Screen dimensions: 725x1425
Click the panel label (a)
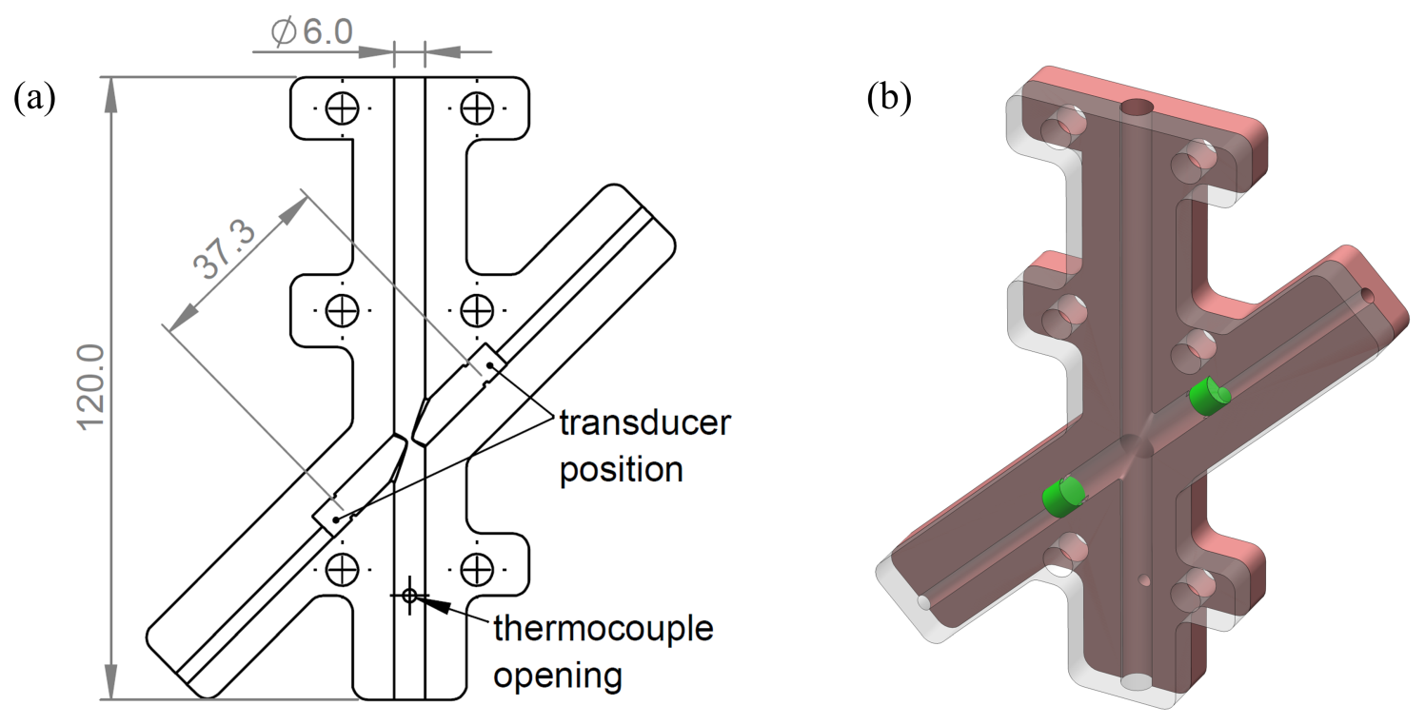(35, 98)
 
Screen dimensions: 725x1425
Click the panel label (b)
(889, 98)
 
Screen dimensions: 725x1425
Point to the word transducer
(644, 423)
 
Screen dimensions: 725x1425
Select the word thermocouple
(603, 630)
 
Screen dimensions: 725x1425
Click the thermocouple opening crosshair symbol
(409, 596)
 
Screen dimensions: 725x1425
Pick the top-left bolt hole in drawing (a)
(341, 108)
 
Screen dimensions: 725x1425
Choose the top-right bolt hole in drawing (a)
(475, 108)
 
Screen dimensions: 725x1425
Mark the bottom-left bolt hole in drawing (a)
(341, 569)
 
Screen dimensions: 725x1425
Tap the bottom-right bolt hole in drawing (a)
(475, 569)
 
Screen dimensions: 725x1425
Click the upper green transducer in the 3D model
(1208, 397)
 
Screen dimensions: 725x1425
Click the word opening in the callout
(558, 676)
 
